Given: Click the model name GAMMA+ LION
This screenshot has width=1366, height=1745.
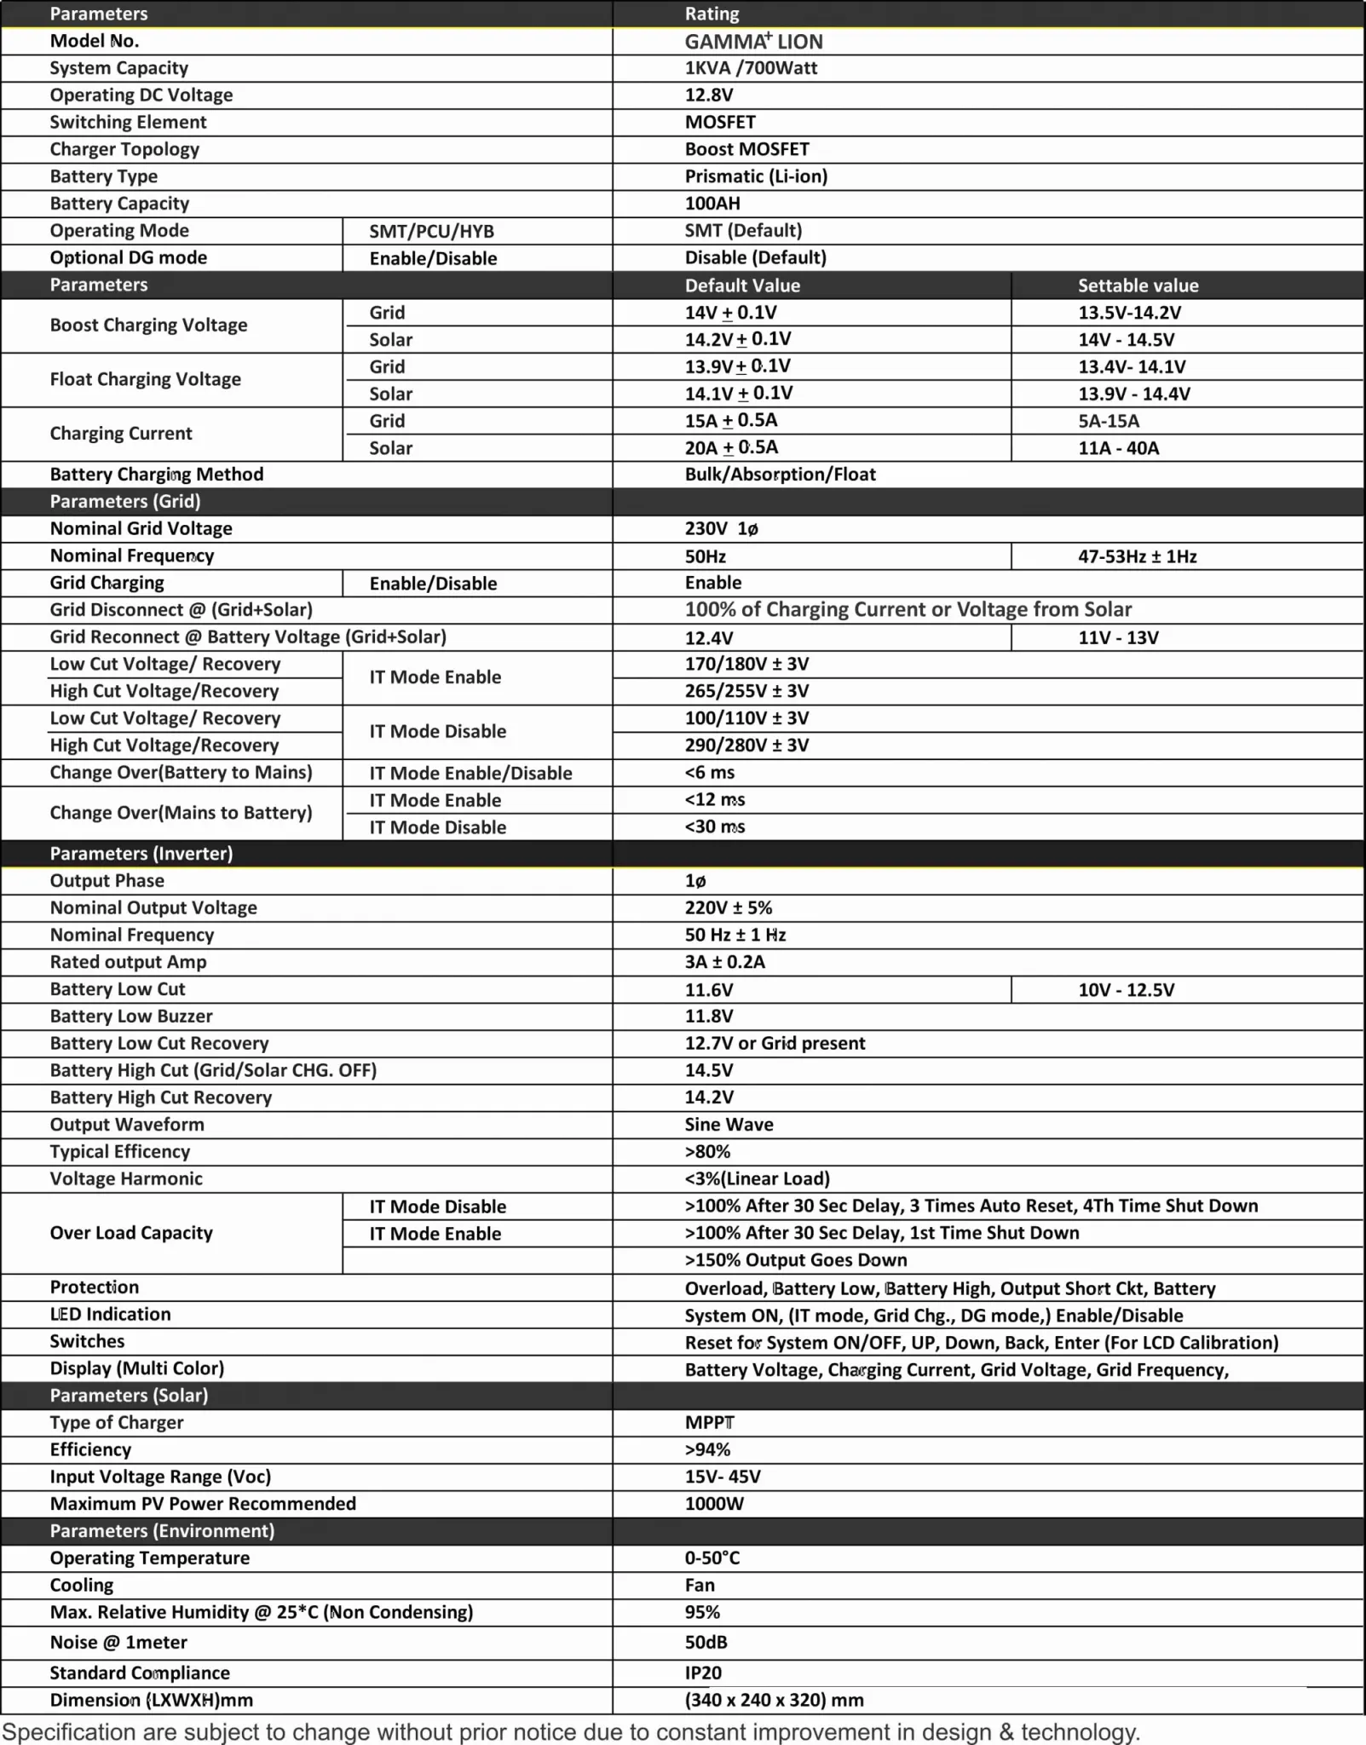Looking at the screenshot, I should (x=753, y=42).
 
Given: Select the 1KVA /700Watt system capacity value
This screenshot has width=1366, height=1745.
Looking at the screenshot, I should (x=751, y=68).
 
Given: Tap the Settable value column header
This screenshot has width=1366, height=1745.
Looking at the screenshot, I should (x=1138, y=285).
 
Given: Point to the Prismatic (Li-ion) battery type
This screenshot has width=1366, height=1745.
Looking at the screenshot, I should (x=756, y=176).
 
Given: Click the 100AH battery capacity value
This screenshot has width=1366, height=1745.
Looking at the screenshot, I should (x=712, y=204).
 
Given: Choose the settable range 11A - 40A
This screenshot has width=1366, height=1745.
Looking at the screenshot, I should (x=1118, y=448).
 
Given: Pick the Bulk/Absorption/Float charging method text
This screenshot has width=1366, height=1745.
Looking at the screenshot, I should (x=780, y=475).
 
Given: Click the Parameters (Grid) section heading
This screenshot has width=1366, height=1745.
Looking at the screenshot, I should (x=125, y=502).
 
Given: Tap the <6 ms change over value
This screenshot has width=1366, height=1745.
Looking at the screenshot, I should (x=709, y=773).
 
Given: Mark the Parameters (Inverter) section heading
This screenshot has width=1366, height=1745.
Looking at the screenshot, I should (x=141, y=854).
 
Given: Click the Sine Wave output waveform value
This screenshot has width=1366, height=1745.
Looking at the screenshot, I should (x=729, y=1125).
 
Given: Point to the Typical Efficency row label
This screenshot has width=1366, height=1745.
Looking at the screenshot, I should (x=120, y=1152).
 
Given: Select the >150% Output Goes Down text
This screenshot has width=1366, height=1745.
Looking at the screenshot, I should (x=795, y=1260).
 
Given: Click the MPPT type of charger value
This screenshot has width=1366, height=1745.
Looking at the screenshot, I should (x=709, y=1423).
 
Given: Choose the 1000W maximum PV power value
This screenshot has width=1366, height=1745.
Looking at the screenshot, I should (x=714, y=1504).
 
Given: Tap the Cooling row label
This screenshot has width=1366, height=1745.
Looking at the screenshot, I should (x=82, y=1586).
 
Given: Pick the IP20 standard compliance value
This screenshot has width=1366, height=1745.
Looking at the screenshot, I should (x=703, y=1673).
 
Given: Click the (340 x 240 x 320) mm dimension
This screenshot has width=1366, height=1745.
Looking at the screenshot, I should (x=774, y=1700).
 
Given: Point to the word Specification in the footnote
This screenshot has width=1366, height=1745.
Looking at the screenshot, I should (x=70, y=1732).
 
